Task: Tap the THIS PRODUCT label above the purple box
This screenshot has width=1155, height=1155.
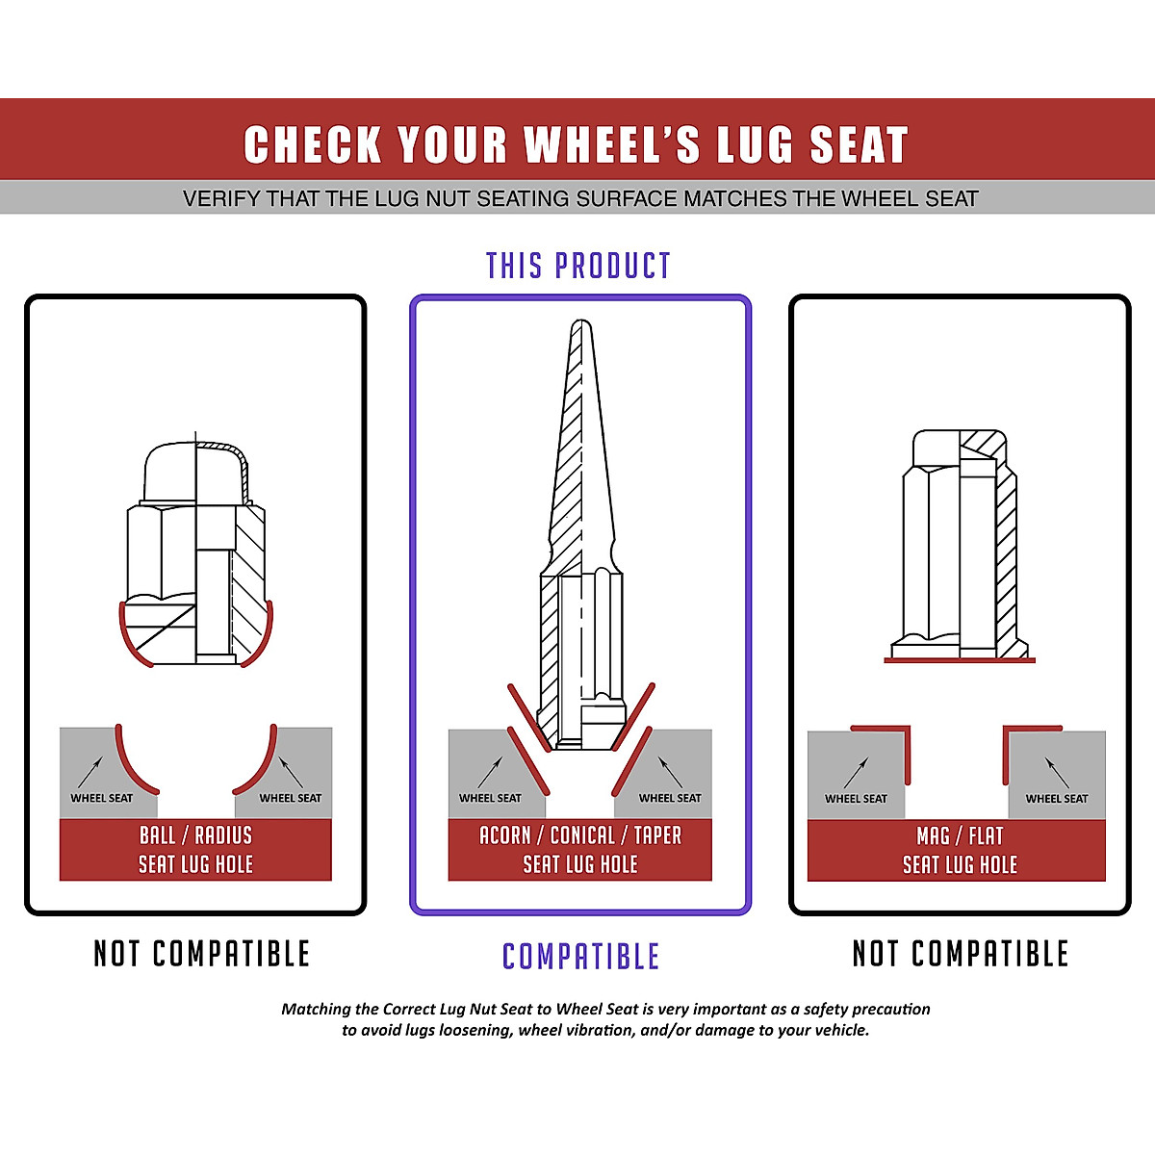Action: [x=577, y=266]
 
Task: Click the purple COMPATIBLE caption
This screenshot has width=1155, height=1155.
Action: [x=580, y=956]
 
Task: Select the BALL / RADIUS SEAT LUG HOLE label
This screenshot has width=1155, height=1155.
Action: [x=195, y=849]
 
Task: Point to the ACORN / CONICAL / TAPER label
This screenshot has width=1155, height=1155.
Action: [x=580, y=835]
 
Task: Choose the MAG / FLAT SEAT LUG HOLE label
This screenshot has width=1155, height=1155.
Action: [x=959, y=850]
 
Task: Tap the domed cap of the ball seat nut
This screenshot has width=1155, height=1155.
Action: [x=195, y=470]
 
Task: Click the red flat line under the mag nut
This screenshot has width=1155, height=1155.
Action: [x=959, y=660]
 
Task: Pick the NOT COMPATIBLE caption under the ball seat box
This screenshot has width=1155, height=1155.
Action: [x=201, y=954]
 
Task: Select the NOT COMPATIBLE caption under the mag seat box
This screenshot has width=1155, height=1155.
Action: [x=960, y=954]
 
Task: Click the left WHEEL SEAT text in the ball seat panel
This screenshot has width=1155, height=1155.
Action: [x=101, y=798]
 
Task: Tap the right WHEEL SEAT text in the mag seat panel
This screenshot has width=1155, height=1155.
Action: [x=1056, y=798]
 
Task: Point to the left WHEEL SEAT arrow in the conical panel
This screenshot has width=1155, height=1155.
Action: [x=489, y=771]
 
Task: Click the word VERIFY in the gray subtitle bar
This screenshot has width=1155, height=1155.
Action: [x=221, y=199]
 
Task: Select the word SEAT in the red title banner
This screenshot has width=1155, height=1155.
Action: [x=859, y=145]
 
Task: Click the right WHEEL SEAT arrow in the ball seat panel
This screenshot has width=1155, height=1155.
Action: [x=291, y=771]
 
